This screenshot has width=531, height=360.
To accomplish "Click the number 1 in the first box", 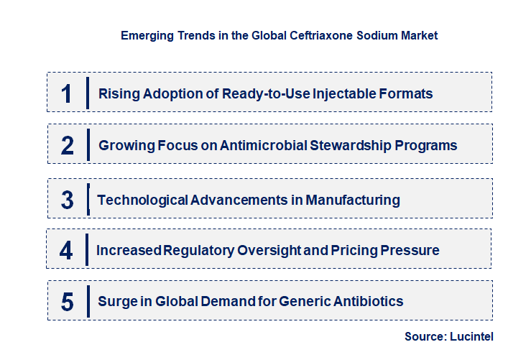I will coord(67,93).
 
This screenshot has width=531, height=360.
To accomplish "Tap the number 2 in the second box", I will coord(68,145).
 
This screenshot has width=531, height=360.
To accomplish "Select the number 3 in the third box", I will coord(68,200).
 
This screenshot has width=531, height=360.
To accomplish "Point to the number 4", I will coord(67,250).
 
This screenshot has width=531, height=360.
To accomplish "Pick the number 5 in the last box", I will coord(67,301).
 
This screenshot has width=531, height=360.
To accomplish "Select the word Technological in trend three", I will coord(142,200).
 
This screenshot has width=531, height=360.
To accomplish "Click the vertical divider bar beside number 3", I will coord(88,198).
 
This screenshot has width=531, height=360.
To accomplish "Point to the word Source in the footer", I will coord(425,336).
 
